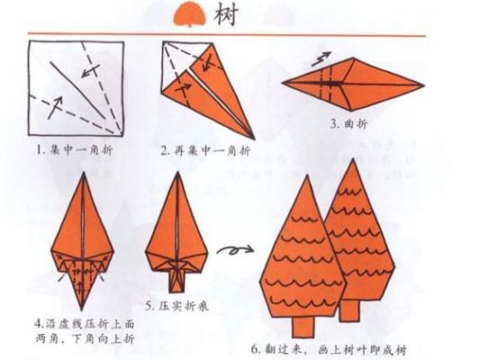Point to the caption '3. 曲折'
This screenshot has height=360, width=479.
348,123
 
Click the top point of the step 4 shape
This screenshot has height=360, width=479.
82,175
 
